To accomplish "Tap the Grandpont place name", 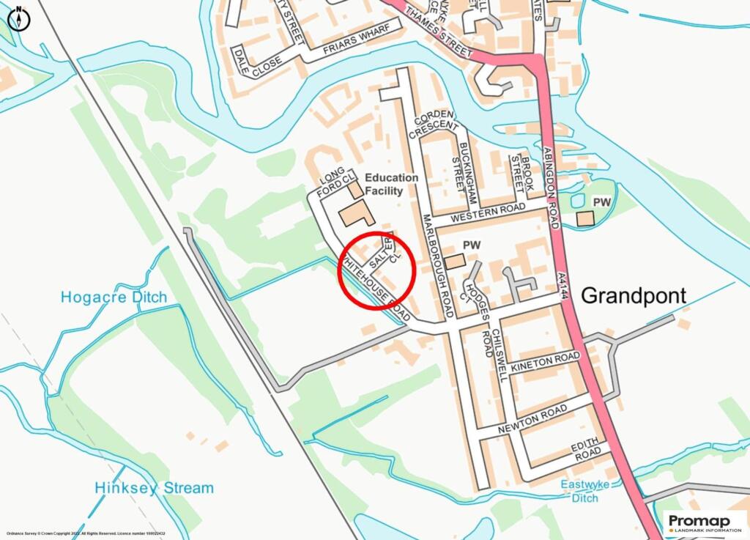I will click(x=634, y=295).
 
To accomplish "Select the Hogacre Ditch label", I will click(x=114, y=297).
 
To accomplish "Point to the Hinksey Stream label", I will click(x=154, y=487).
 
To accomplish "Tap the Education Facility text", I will click(x=391, y=184).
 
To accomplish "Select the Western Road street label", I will click(x=489, y=215).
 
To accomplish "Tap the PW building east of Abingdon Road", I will click(x=585, y=218).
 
